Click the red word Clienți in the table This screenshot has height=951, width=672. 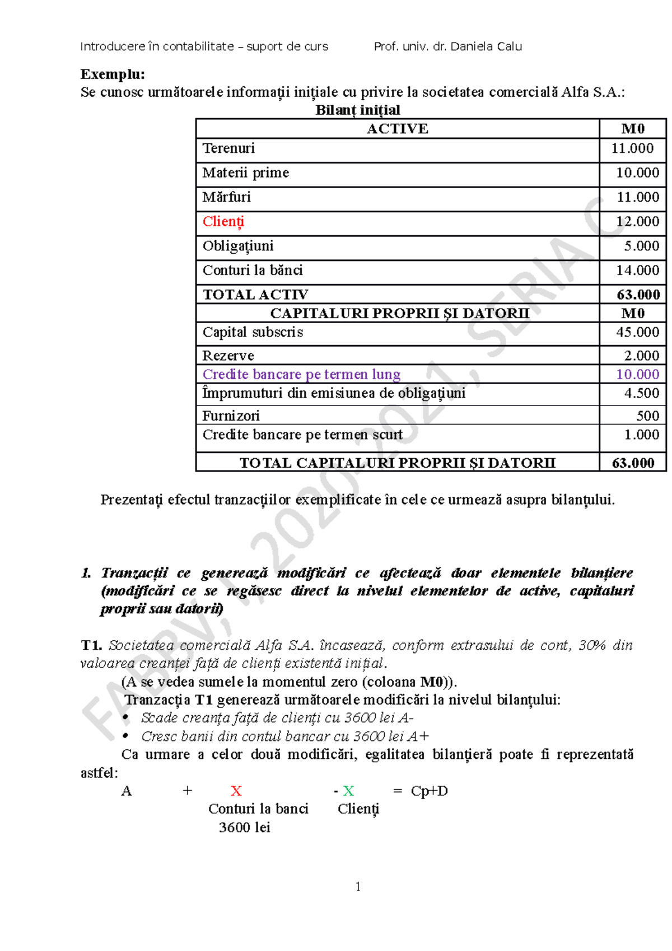tap(223, 222)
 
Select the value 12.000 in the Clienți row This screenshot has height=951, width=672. tap(637, 222)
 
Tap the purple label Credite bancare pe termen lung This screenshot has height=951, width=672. tap(301, 374)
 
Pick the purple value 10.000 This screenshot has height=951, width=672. tap(637, 374)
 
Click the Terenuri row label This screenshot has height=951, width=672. tap(228, 148)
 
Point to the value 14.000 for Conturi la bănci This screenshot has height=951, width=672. tap(637, 271)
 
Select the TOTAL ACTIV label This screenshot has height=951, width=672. tap(255, 295)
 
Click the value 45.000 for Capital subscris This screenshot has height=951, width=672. tap(637, 332)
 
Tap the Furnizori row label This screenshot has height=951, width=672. tap(231, 416)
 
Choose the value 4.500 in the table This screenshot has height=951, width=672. tap(641, 393)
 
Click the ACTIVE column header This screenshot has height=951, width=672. tap(397, 129)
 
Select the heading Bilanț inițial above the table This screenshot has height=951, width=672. tap(357, 110)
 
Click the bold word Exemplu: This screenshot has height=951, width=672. tap(113, 74)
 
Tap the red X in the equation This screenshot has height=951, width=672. tap(236, 791)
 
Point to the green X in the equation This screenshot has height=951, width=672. tap(348, 791)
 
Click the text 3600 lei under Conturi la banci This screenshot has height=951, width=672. tap(245, 827)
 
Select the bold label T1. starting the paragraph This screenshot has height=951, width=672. tap(91, 645)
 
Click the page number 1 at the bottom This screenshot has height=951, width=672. tap(358, 887)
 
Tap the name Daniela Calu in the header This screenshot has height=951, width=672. tap(486, 46)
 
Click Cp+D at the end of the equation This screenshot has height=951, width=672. tap(429, 791)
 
